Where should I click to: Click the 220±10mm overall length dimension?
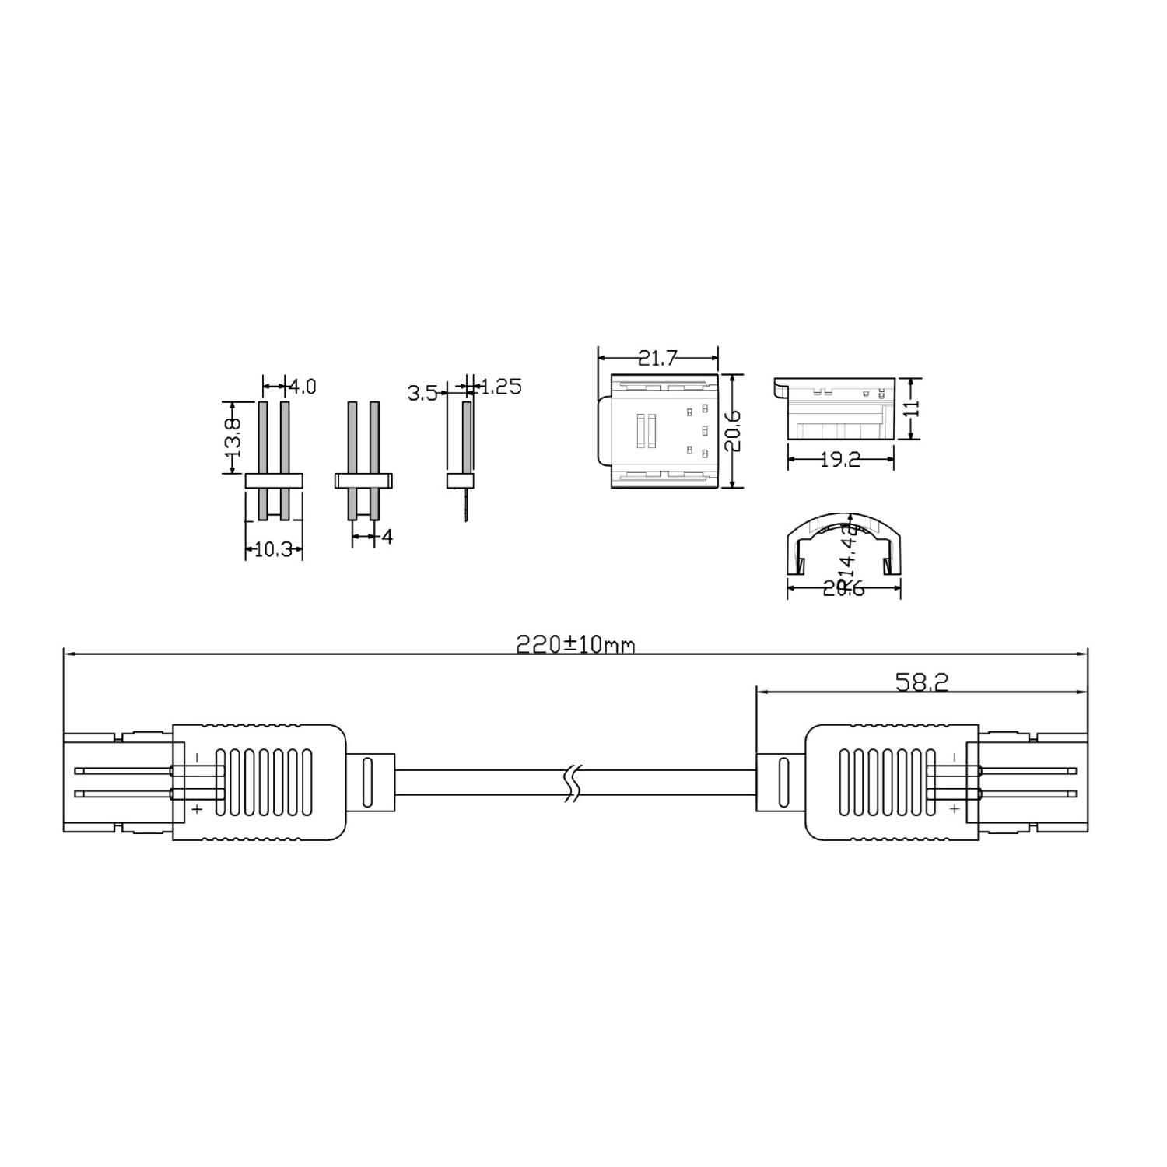tap(576, 644)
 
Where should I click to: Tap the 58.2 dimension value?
tap(922, 682)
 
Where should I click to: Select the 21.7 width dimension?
tap(657, 358)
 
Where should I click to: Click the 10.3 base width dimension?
tap(273, 549)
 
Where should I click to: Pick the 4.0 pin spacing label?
tap(303, 386)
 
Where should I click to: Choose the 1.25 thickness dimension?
tap(501, 387)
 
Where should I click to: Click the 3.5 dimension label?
tap(422, 393)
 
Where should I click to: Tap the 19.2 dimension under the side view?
tap(840, 460)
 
